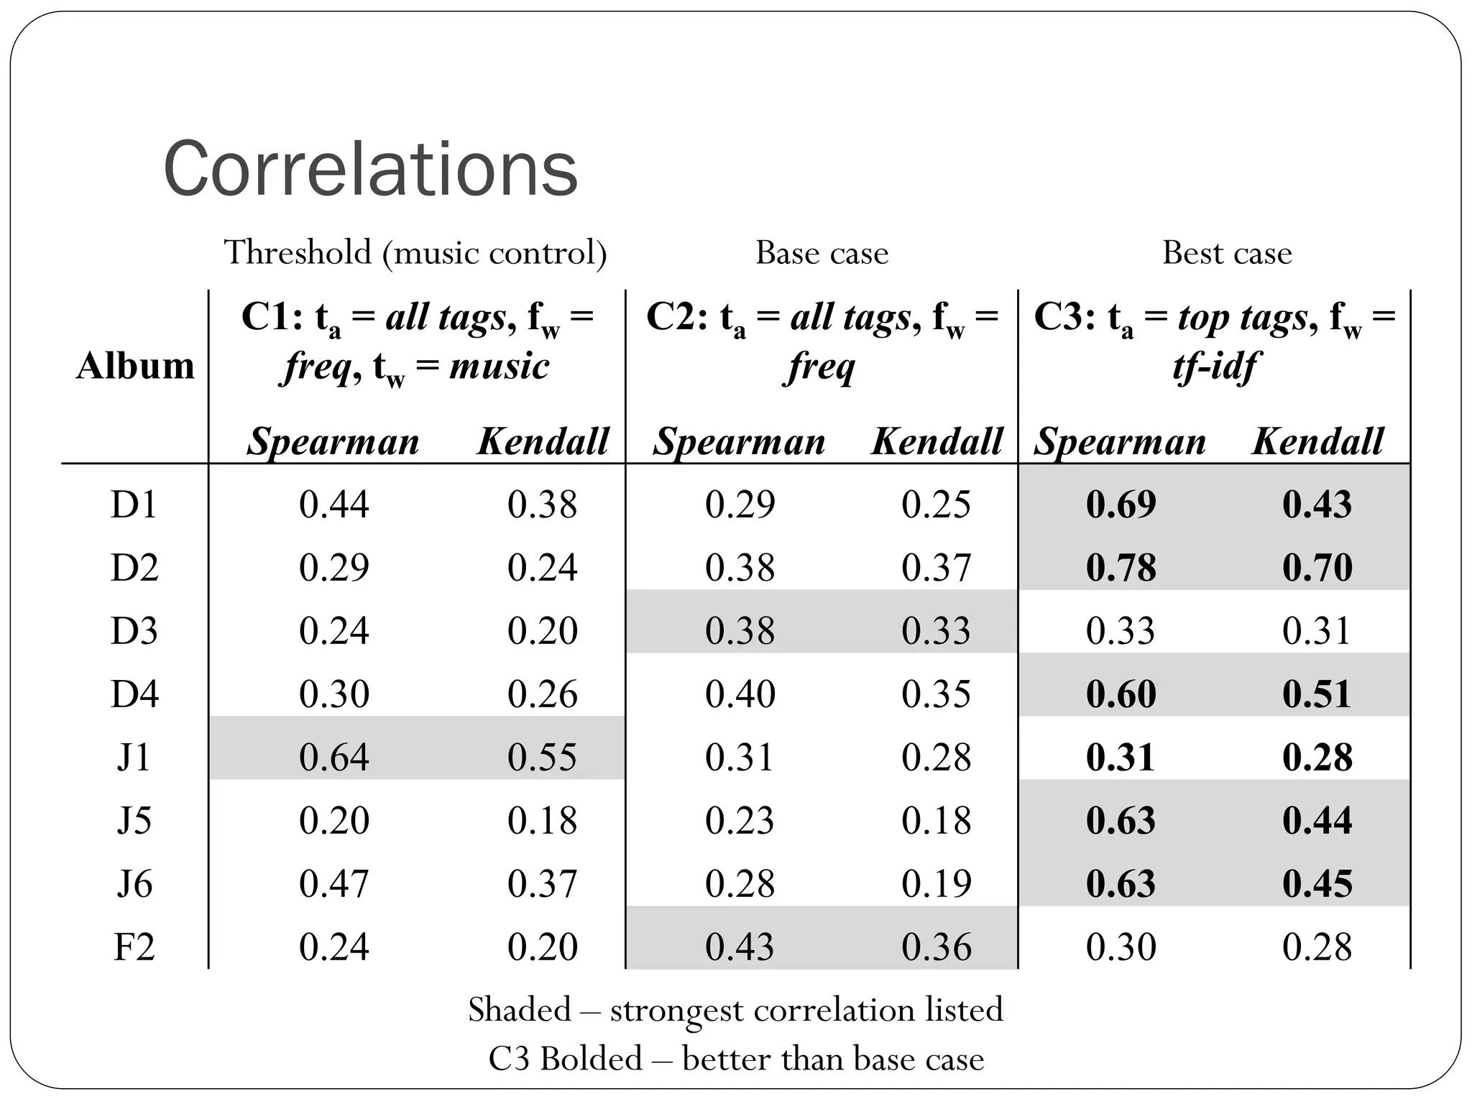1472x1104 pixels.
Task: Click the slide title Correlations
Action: tap(370, 170)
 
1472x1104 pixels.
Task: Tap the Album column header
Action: tap(135, 366)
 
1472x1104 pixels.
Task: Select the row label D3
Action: tap(134, 630)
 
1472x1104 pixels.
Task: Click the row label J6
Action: tap(134, 883)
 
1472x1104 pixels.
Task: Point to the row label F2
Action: tap(134, 947)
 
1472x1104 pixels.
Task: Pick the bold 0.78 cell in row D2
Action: tap(1121, 567)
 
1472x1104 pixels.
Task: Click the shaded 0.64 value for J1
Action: tap(333, 757)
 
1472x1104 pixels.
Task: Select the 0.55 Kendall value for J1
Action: tap(542, 757)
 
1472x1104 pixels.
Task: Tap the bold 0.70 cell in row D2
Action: tap(1317, 567)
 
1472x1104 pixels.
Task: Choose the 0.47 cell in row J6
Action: tap(333, 883)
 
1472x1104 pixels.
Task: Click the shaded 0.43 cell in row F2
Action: tap(740, 947)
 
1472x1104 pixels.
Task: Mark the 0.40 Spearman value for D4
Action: tap(740, 694)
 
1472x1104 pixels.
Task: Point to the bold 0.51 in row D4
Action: tap(1317, 694)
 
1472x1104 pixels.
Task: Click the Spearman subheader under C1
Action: tap(333, 441)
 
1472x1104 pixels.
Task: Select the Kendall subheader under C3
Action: tap(1317, 441)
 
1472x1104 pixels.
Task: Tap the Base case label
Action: tap(822, 253)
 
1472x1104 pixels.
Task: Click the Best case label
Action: tap(1226, 253)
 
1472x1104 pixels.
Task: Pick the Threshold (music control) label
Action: tap(415, 253)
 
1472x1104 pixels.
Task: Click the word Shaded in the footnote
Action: tap(519, 1010)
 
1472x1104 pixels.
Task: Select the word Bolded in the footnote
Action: tap(591, 1059)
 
